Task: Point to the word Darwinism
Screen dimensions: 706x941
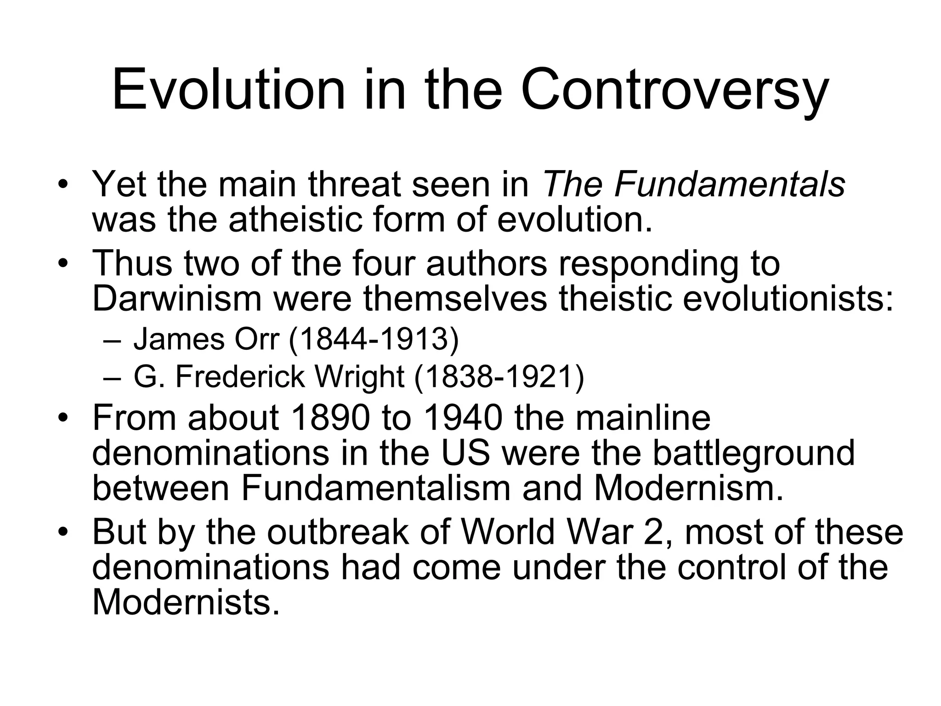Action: pyautogui.click(x=177, y=299)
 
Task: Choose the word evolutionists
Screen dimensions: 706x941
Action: pyautogui.click(x=788, y=299)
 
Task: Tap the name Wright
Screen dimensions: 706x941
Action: pyautogui.click(x=359, y=376)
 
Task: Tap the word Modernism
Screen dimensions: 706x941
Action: pyautogui.click(x=688, y=488)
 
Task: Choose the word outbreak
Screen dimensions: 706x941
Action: pyautogui.click(x=338, y=532)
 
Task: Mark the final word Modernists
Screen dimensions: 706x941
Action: pyautogui.click(x=186, y=602)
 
